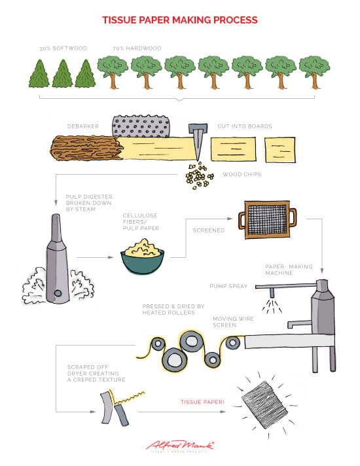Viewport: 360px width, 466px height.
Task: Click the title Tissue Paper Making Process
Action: (179, 20)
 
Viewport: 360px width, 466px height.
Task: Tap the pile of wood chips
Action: (198, 175)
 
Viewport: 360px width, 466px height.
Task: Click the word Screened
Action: (209, 231)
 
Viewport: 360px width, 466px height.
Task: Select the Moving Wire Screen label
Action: (234, 323)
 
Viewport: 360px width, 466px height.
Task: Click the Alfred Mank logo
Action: (180, 446)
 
